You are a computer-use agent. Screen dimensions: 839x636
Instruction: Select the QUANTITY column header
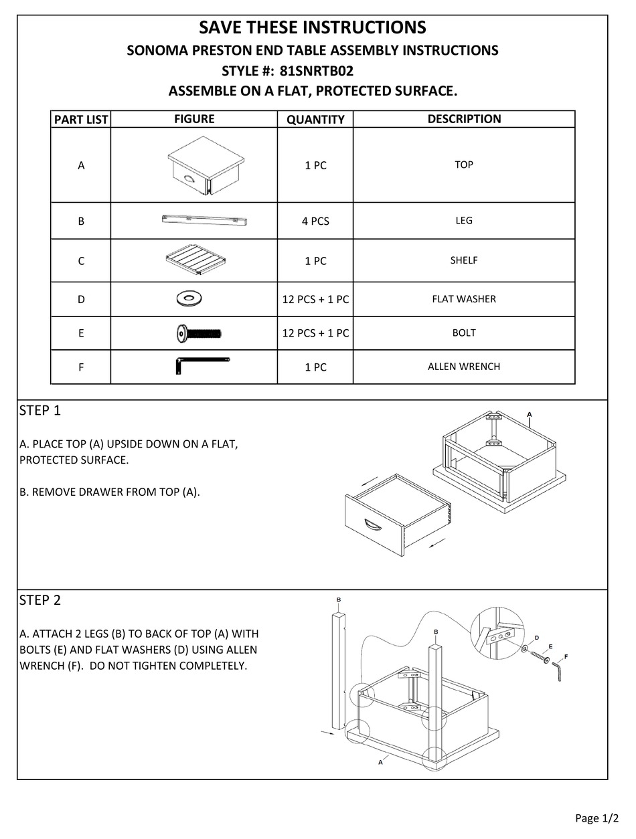click(315, 120)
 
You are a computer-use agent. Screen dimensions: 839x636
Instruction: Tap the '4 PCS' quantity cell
click(315, 221)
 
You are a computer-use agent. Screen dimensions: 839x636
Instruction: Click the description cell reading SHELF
click(464, 260)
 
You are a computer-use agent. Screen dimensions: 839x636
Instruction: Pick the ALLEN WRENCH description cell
click(464, 367)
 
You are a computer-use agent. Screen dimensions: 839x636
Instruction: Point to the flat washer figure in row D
click(190, 298)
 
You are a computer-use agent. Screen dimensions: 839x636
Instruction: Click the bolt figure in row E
click(198, 333)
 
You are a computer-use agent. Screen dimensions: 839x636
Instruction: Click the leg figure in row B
click(205, 219)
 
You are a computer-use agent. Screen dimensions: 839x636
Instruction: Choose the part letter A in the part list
click(81, 165)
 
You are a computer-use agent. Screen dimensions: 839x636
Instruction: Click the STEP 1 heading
click(40, 411)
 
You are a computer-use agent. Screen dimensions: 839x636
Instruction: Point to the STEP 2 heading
click(40, 600)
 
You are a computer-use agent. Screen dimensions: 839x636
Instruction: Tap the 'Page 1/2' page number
click(597, 818)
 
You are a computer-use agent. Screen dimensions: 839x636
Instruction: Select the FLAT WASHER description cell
click(464, 299)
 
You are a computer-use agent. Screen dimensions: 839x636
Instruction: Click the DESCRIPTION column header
click(464, 119)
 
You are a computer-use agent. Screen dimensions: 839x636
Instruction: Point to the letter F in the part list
click(81, 367)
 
